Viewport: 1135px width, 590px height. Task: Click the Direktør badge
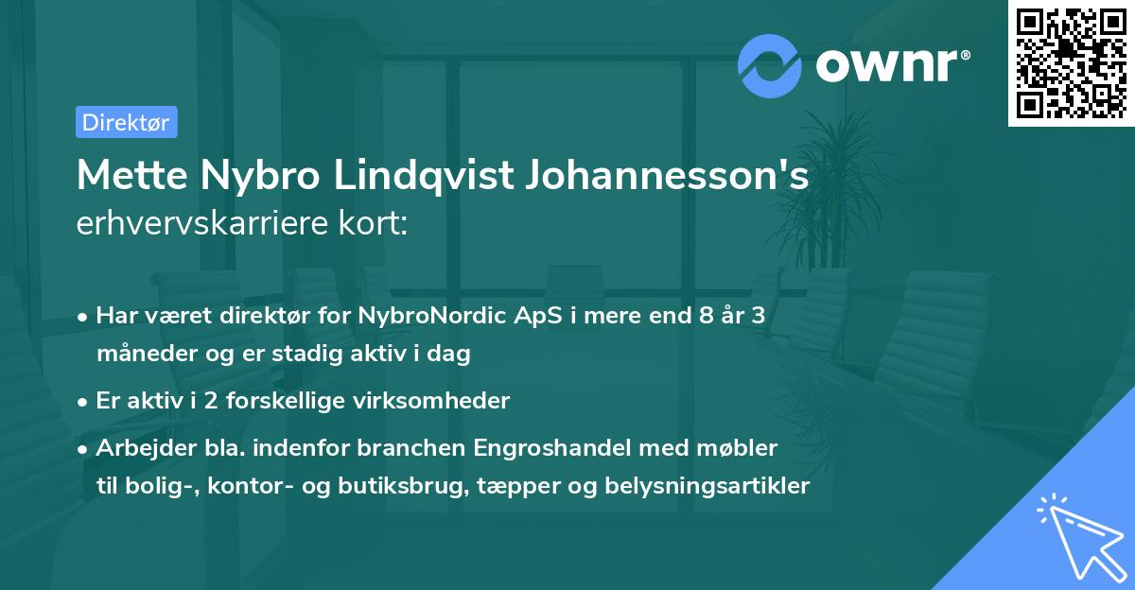[x=126, y=122]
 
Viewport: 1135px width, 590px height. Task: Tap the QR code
[x=1071, y=62]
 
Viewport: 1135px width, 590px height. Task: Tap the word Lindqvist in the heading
[x=433, y=177]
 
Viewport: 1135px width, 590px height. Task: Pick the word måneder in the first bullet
[x=140, y=354]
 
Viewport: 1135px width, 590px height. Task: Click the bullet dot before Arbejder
[x=84, y=447]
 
